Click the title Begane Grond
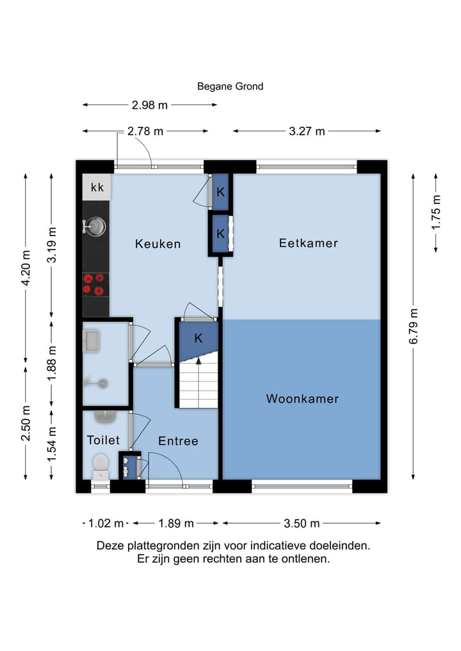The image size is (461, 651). pos(230,86)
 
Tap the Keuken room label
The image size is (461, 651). pos(158,244)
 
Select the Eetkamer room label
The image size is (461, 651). pos(308,243)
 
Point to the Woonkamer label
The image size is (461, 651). pos(302,399)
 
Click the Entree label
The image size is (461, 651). pos(178,440)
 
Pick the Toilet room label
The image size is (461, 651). pos(103,440)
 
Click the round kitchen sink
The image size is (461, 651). pos(95,227)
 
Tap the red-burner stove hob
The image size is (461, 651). pos(93,284)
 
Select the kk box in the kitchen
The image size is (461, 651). pos(97,188)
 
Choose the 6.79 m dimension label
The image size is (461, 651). pos(414,326)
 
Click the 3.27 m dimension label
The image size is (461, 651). pos(307,131)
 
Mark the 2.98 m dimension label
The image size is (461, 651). pos(150,105)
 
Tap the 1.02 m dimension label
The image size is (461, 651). pos(106,523)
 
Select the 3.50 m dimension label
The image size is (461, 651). pos(302,523)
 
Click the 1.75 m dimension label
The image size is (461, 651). pos(435,212)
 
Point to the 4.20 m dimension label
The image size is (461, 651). pos(26,268)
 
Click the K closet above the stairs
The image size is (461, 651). pos(198,339)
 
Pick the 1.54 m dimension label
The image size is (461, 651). pos(51,444)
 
